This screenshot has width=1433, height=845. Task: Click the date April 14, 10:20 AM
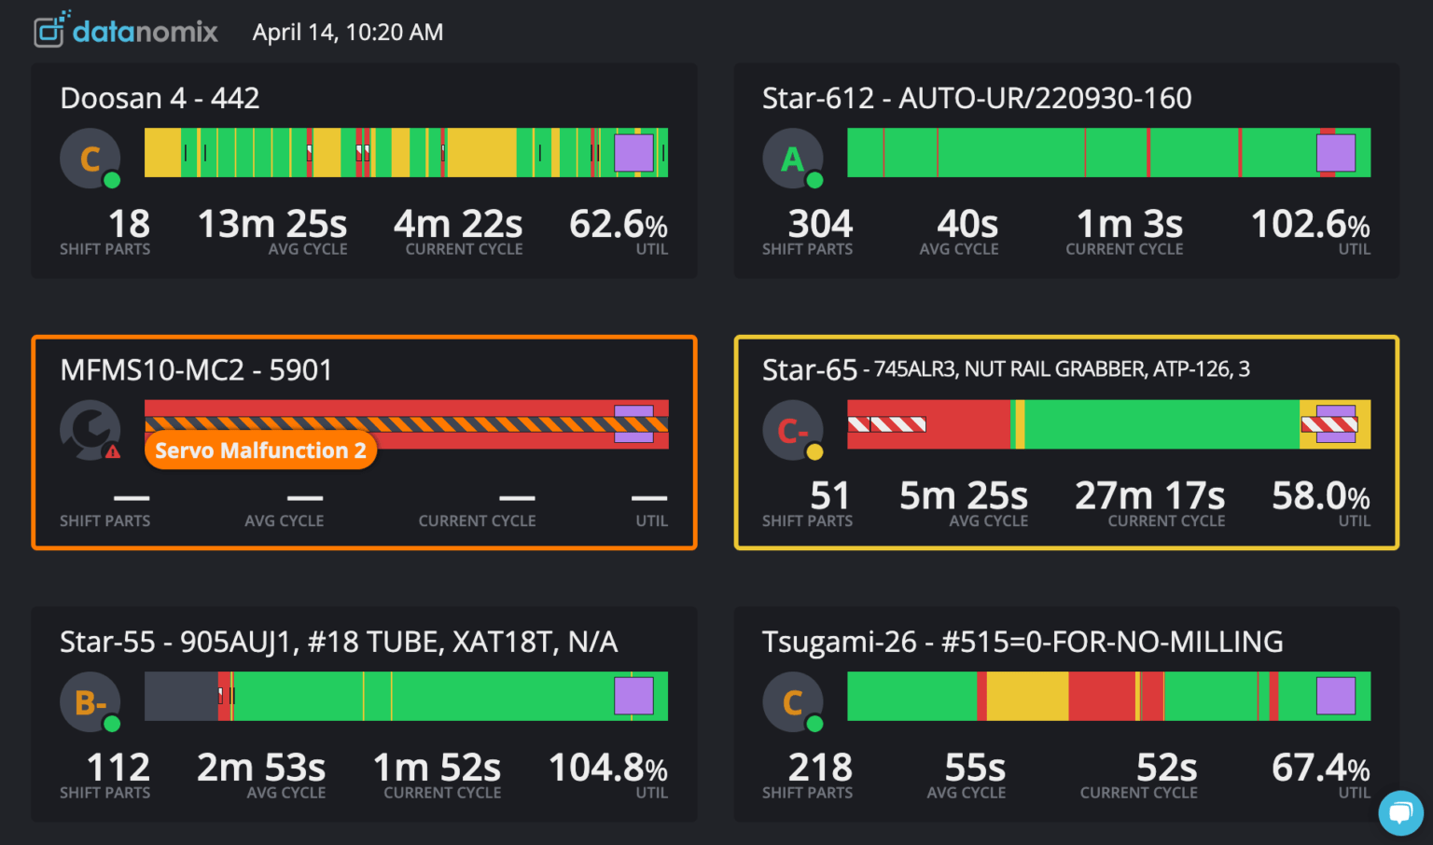point(348,33)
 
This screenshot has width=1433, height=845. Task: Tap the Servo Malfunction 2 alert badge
point(260,450)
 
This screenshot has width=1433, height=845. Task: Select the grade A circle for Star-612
point(792,159)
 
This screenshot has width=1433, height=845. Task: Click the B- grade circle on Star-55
point(90,702)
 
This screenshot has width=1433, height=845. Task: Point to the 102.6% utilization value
point(1310,225)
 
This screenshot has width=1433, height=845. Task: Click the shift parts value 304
point(820,225)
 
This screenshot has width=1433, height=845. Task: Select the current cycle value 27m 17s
point(1149,496)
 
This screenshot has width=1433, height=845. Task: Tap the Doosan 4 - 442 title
point(160,98)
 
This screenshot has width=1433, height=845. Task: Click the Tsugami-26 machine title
point(1023,642)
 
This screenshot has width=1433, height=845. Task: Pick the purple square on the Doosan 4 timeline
point(633,153)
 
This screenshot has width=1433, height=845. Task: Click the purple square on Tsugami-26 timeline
point(1335,696)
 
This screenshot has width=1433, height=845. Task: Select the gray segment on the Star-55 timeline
point(180,696)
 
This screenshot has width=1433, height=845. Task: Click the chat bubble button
point(1400,813)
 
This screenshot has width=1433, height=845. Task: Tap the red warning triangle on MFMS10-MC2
point(113,452)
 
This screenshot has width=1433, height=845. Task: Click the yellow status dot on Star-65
point(814,452)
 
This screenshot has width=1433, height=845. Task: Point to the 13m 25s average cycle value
point(271,225)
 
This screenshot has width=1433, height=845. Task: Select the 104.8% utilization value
point(607,769)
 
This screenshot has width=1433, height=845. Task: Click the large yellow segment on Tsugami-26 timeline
point(1027,696)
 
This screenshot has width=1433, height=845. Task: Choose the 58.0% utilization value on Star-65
point(1320,496)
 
